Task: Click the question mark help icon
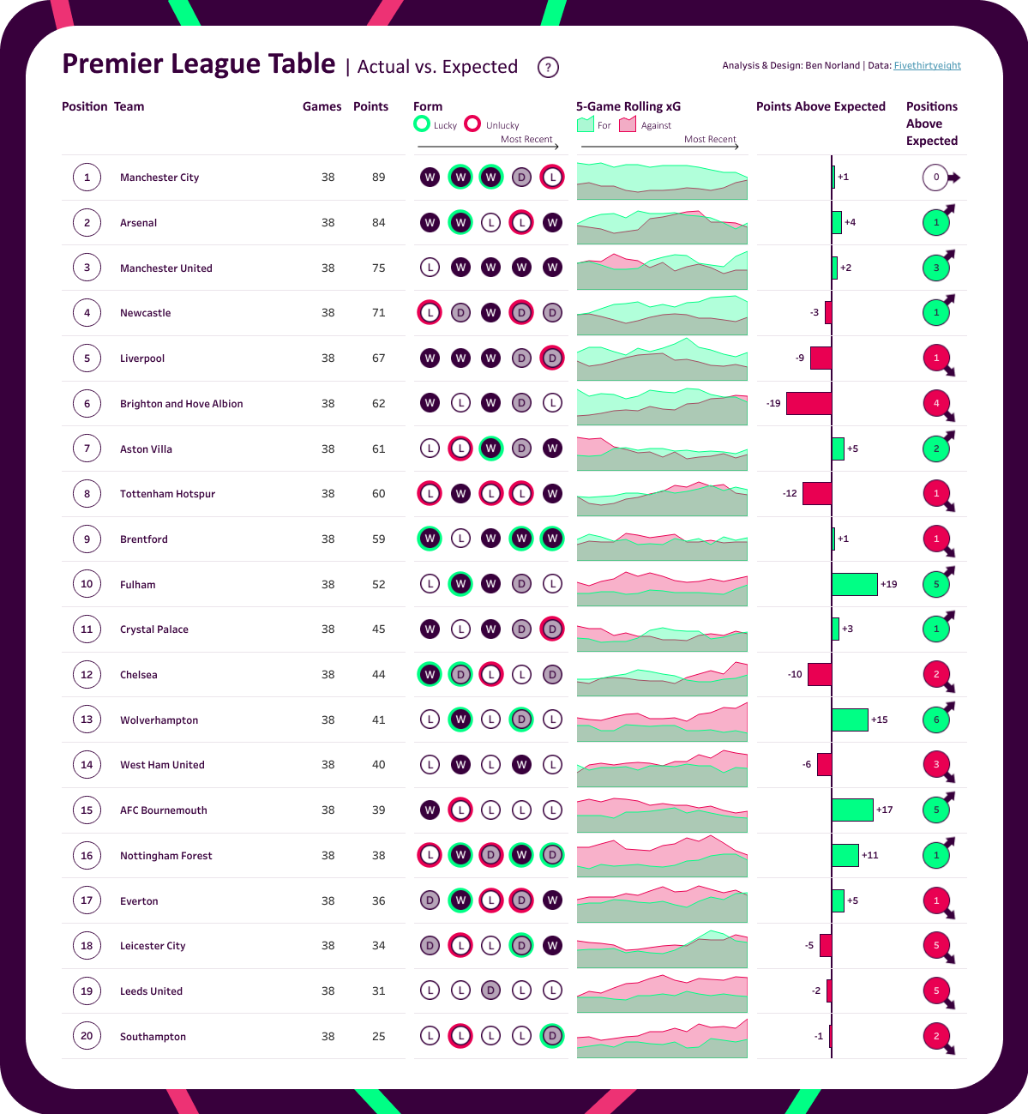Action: point(548,67)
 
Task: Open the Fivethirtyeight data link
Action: point(927,65)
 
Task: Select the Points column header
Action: point(370,106)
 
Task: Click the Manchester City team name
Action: point(159,178)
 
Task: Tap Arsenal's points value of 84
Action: point(378,223)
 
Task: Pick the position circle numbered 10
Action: point(87,584)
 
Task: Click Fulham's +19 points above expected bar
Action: point(855,584)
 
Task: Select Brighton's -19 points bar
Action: point(809,403)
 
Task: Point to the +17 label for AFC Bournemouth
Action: point(885,810)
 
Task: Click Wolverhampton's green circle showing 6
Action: point(936,720)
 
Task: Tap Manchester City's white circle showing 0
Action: point(936,178)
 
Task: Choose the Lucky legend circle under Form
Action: point(422,123)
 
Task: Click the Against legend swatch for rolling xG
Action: point(628,124)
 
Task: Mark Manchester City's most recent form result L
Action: point(552,178)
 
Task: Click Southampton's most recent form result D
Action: point(552,1036)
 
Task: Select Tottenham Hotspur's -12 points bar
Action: point(816,493)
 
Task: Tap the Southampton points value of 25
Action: point(378,1036)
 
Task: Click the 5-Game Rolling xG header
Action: point(628,106)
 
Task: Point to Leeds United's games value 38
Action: point(328,991)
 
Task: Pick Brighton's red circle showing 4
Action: point(936,403)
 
